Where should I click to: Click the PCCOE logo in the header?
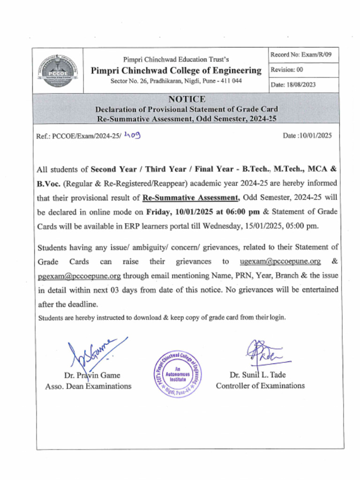pyautogui.click(x=55, y=71)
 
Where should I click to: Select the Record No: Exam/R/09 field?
pyautogui.click(x=301, y=55)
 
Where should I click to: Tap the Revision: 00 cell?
pyautogui.click(x=286, y=70)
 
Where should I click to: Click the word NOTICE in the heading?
pyautogui.click(x=187, y=99)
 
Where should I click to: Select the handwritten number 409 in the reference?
pyautogui.click(x=132, y=135)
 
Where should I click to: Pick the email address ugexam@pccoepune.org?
pyautogui.click(x=280, y=261)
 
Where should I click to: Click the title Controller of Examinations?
pyautogui.click(x=260, y=386)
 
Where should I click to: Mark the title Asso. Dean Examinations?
pyautogui.click(x=88, y=386)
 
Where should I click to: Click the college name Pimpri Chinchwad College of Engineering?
pyautogui.click(x=176, y=71)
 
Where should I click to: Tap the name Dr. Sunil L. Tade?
pyautogui.click(x=258, y=375)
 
